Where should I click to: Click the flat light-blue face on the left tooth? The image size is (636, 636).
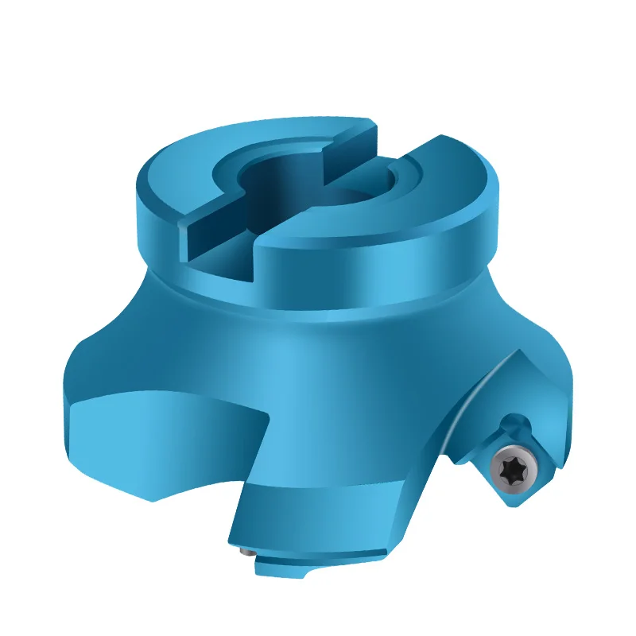click(x=159, y=437)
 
